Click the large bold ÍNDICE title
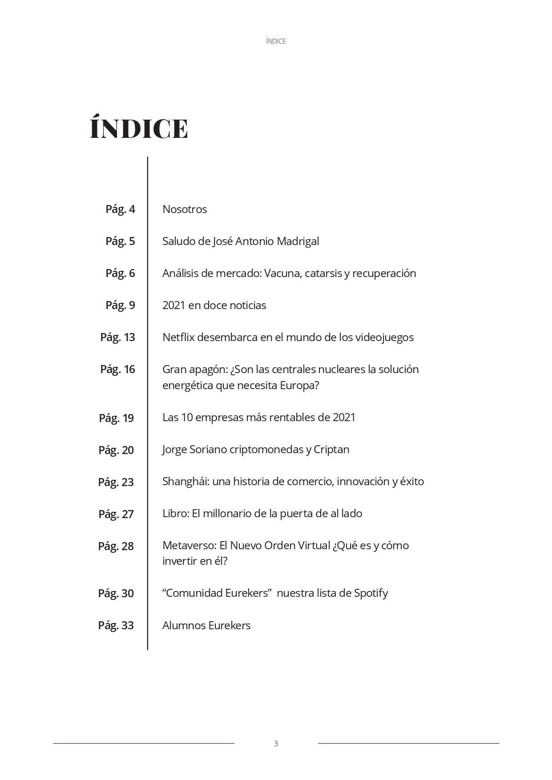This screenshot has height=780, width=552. [x=139, y=129]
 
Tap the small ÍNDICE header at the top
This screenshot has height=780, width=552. [x=276, y=41]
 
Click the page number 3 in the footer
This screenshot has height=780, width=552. [x=276, y=743]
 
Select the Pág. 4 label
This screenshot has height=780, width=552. [x=120, y=209]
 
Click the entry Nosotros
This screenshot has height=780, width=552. [x=185, y=209]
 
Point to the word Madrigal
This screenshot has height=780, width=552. [x=298, y=241]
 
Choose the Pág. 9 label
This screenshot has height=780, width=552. [x=120, y=305]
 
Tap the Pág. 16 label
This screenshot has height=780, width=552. [x=117, y=369]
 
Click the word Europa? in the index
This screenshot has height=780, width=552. [x=299, y=385]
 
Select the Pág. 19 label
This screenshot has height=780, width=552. [x=116, y=418]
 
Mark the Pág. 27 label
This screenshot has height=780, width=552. [x=116, y=514]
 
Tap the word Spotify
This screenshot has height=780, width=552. [x=371, y=593]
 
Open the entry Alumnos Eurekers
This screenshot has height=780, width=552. [x=206, y=625]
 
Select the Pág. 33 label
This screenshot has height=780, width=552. [x=116, y=625]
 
